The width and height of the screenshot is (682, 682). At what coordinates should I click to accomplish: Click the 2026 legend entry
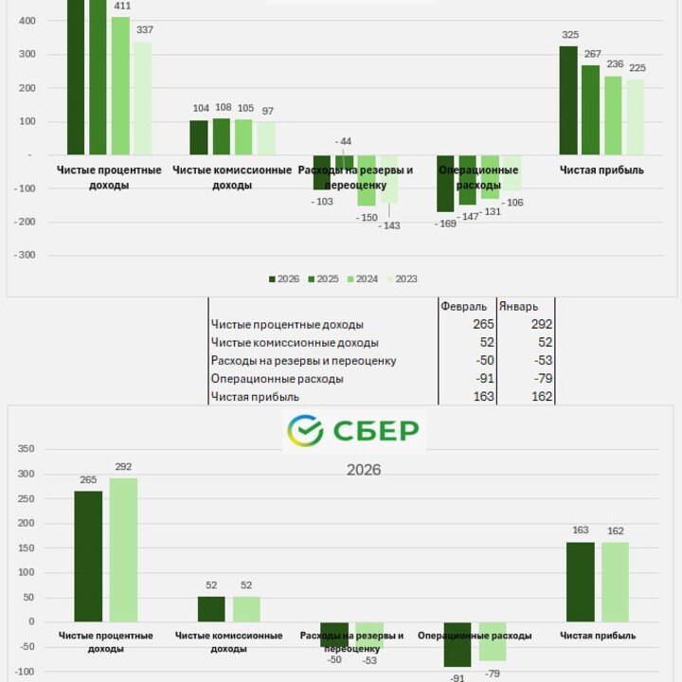click(x=284, y=279)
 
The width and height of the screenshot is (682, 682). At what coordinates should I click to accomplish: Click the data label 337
click(x=144, y=30)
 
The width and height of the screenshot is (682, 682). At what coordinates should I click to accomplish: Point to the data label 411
click(x=122, y=6)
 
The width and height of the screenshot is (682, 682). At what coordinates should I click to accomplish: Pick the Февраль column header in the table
click(x=464, y=307)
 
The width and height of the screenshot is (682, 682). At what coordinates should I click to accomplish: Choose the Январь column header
click(x=519, y=307)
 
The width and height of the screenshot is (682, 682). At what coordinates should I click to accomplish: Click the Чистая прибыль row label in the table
click(x=256, y=397)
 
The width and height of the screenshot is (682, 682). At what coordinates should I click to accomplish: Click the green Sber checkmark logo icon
click(x=305, y=431)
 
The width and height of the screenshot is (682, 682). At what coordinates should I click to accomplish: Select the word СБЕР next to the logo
click(x=375, y=432)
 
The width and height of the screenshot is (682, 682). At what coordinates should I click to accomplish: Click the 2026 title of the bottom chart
click(x=364, y=470)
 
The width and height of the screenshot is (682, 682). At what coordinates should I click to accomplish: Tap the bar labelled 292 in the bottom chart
click(x=123, y=549)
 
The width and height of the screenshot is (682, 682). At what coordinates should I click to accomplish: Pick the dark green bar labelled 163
click(x=581, y=582)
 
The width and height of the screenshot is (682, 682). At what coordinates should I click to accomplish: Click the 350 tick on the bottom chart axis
click(x=27, y=449)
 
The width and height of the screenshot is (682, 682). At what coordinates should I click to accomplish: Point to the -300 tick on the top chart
click(x=25, y=256)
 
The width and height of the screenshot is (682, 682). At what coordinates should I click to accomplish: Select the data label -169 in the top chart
click(x=445, y=224)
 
